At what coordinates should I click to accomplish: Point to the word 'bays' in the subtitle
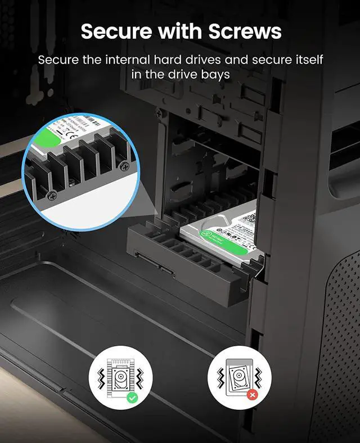click(215, 74)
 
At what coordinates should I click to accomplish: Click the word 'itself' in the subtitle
click(308, 60)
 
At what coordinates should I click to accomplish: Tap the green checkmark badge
click(132, 397)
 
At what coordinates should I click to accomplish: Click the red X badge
click(252, 396)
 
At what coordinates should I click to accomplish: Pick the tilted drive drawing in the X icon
click(240, 376)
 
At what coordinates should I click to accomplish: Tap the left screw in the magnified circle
click(52, 196)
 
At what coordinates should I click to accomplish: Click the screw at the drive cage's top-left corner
click(159, 113)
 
